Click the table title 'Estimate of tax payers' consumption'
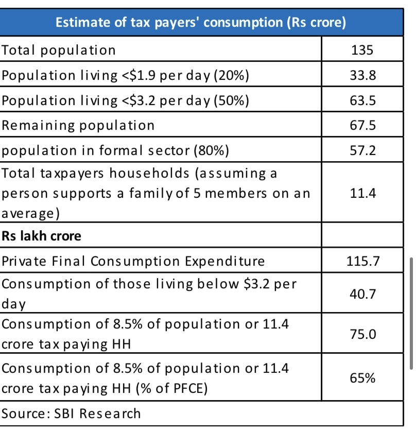tap(200, 23)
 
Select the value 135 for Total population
tap(362, 50)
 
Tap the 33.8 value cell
tap(363, 76)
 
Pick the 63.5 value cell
tap(363, 100)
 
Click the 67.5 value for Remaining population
tap(363, 126)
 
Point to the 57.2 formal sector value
tap(363, 151)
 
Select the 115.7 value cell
tap(363, 261)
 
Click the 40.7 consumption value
tap(363, 294)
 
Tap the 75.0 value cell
tap(363, 334)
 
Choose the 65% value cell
tap(363, 378)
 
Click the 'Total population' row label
tap(59, 50)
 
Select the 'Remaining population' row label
tap(78, 126)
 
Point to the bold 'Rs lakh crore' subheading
tap(42, 236)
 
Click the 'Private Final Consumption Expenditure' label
tap(133, 261)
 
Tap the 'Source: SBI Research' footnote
tap(71, 413)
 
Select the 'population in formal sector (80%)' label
tap(115, 151)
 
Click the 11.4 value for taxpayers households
tap(363, 194)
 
